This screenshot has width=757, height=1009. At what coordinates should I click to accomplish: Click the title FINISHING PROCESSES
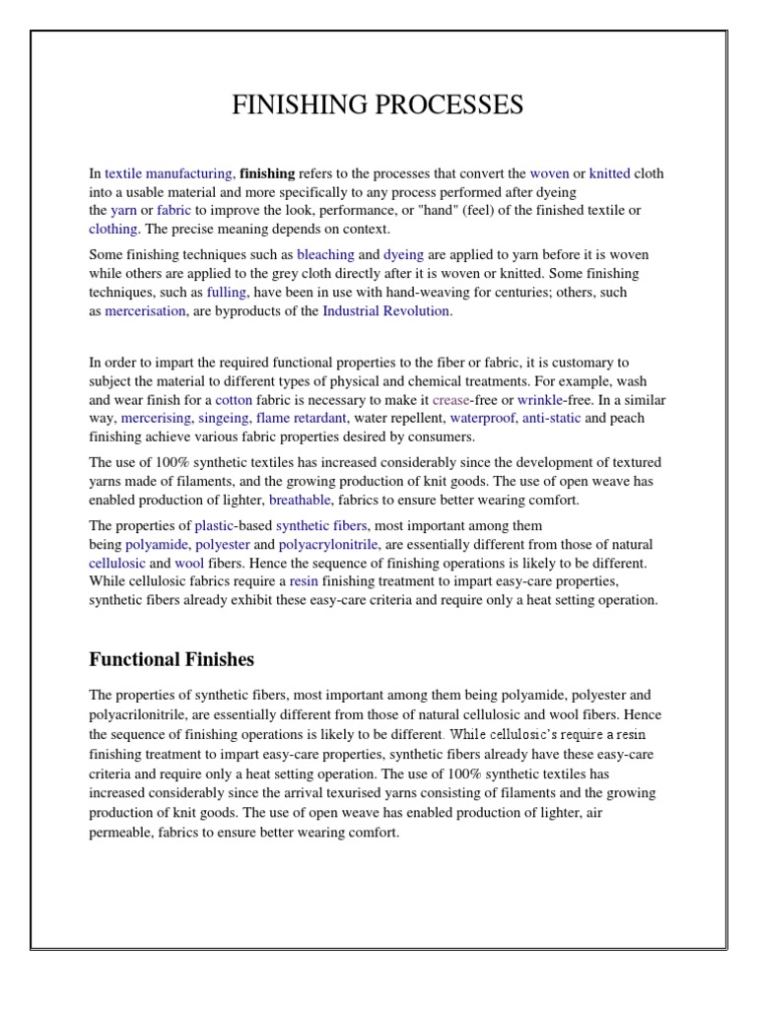tap(378, 105)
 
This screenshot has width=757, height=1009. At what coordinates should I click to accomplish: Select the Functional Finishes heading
tap(172, 658)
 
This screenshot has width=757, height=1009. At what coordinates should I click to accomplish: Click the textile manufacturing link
tap(169, 173)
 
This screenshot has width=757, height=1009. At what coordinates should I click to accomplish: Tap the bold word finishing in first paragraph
tap(267, 173)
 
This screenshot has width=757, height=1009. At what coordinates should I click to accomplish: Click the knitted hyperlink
tap(609, 173)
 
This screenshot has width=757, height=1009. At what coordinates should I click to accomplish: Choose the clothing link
tap(113, 229)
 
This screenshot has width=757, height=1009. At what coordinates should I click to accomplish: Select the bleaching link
tap(325, 254)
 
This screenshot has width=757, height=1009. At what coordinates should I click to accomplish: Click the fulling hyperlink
tap(227, 292)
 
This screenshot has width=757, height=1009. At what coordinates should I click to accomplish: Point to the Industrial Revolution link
tap(386, 310)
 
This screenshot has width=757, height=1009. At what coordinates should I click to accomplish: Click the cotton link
tap(234, 400)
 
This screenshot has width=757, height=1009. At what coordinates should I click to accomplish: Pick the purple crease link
tap(450, 400)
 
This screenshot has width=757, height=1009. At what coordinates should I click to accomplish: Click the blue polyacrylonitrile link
tap(328, 544)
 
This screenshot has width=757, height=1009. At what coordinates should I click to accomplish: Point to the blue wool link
tap(189, 563)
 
